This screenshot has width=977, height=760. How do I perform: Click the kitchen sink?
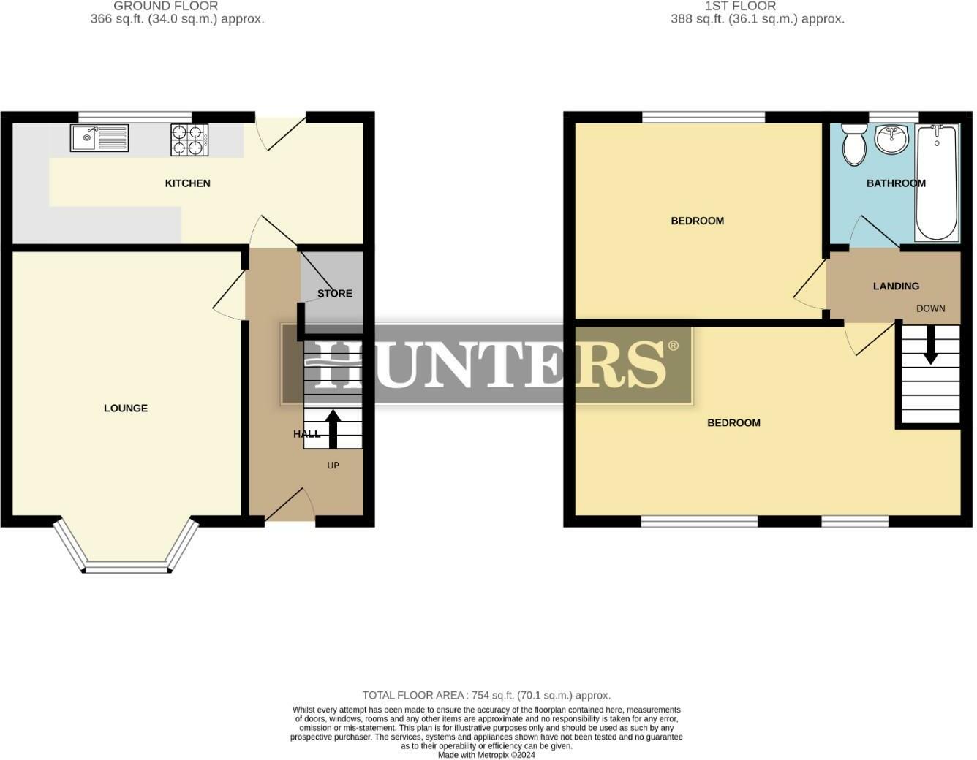[99, 138]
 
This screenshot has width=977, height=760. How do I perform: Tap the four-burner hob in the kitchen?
[189, 140]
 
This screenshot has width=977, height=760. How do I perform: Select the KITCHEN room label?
[188, 183]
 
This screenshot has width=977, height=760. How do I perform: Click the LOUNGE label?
[126, 408]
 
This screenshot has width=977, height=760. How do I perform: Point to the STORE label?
[335, 294]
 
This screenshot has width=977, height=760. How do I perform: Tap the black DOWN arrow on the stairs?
[930, 344]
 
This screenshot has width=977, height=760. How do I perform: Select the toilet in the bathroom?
[853, 144]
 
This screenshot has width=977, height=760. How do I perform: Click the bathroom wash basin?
[891, 139]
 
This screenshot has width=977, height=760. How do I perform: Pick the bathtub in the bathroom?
[937, 183]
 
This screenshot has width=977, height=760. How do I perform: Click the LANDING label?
[896, 286]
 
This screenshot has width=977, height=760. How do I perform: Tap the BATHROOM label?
[896, 183]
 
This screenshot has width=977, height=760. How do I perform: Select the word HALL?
[307, 434]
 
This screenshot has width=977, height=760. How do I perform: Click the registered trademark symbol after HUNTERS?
[674, 346]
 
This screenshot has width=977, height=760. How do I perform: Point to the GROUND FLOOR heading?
[166, 6]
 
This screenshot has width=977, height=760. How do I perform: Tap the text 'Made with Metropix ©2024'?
[486, 755]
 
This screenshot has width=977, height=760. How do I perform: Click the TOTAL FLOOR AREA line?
[486, 696]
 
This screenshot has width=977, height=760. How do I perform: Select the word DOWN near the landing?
[931, 308]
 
